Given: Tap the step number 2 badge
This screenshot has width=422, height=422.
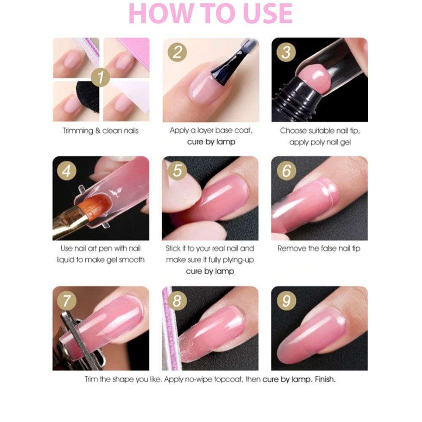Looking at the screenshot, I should tap(178, 53).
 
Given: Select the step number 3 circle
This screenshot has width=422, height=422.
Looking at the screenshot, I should tap(287, 53).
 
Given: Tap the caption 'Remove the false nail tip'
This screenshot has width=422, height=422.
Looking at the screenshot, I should tap(319, 249).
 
